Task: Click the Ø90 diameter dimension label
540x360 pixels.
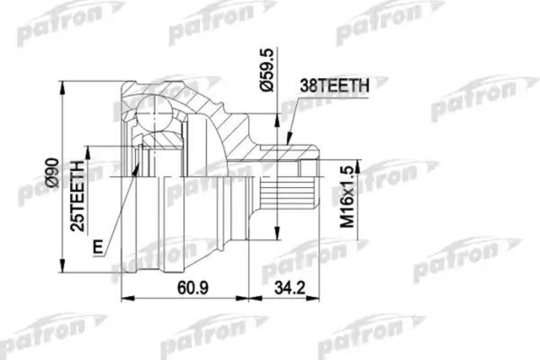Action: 52,179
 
